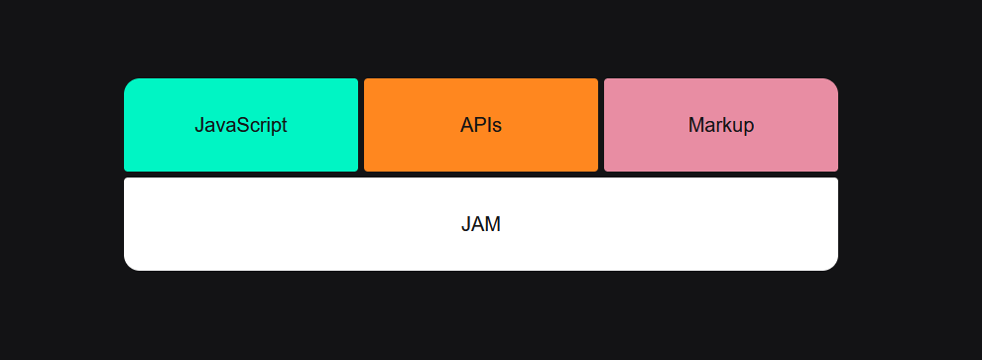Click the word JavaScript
pos(241,126)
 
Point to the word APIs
pos(481,126)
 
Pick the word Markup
pos(721,126)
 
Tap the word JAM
pos(481,224)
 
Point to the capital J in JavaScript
pos(199,126)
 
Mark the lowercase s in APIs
pos(497,127)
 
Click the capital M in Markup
pos(695,126)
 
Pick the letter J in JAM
pos(466,224)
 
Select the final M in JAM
pos(493,224)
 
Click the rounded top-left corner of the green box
pos(130,84)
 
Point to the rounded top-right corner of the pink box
pos(832,84)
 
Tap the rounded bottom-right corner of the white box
pos(832,264)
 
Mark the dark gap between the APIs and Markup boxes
pos(601,125)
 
